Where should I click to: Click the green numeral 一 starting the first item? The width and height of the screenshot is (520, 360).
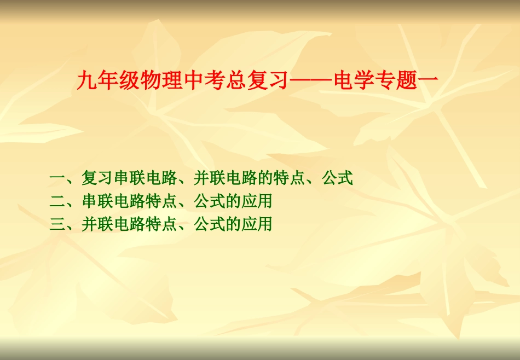57,178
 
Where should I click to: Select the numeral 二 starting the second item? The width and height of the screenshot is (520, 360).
57,201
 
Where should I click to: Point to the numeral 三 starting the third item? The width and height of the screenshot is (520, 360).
57,224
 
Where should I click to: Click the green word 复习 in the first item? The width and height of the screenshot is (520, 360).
97,178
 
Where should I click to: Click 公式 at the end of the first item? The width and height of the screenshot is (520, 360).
337,178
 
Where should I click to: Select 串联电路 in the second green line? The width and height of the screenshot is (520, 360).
113,201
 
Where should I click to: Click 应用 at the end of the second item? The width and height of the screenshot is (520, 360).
257,201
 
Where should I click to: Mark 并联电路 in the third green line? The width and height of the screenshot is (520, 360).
113,224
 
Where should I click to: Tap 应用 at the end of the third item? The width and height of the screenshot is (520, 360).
257,224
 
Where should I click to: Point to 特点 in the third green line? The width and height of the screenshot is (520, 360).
161,224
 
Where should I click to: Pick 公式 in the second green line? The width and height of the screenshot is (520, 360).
209,201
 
